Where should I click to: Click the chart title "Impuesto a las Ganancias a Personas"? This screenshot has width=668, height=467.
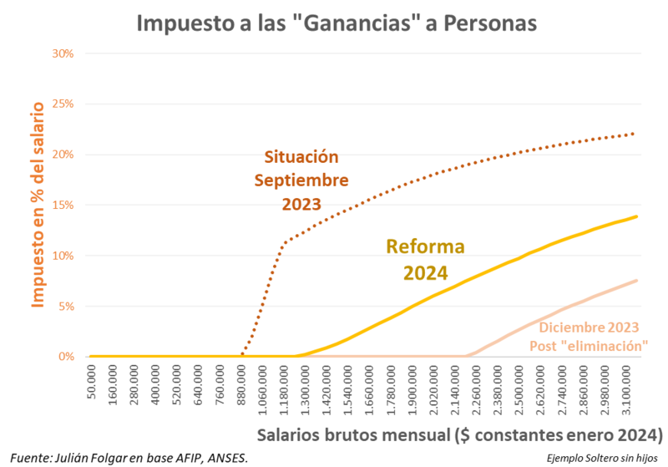[x=334, y=23]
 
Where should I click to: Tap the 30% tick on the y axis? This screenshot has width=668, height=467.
[x=63, y=53]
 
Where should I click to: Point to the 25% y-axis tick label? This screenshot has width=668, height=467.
[x=63, y=104]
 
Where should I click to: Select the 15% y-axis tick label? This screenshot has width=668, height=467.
[x=63, y=206]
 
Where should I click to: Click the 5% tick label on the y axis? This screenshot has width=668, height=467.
[x=67, y=307]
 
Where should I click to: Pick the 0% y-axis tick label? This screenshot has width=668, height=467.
[x=67, y=357]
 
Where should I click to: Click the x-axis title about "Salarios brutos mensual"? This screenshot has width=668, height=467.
[x=459, y=435]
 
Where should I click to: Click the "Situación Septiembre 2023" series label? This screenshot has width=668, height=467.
[x=301, y=180]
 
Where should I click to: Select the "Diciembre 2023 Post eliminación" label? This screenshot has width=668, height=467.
[x=589, y=336]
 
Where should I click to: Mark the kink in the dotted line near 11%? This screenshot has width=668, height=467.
[x=286, y=243]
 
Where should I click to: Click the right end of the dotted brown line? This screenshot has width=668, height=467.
[x=636, y=133]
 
